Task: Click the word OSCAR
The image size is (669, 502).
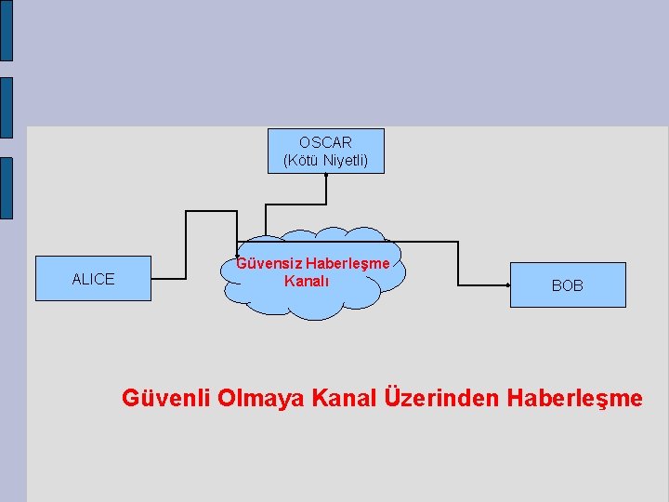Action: coord(325,143)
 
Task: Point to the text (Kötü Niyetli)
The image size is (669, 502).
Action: coord(325,161)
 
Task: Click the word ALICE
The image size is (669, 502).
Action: coord(93,279)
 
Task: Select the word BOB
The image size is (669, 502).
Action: coord(568,285)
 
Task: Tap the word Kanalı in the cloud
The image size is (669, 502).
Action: coord(307,281)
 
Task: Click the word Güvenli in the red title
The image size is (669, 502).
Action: coord(166,399)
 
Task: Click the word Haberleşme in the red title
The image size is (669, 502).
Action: coord(575,399)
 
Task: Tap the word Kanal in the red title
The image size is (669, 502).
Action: coord(345,399)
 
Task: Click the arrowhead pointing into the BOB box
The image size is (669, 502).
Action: coord(507,285)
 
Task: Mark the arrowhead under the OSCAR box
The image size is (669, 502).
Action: coord(325,176)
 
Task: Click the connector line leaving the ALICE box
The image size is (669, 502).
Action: coord(168,278)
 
